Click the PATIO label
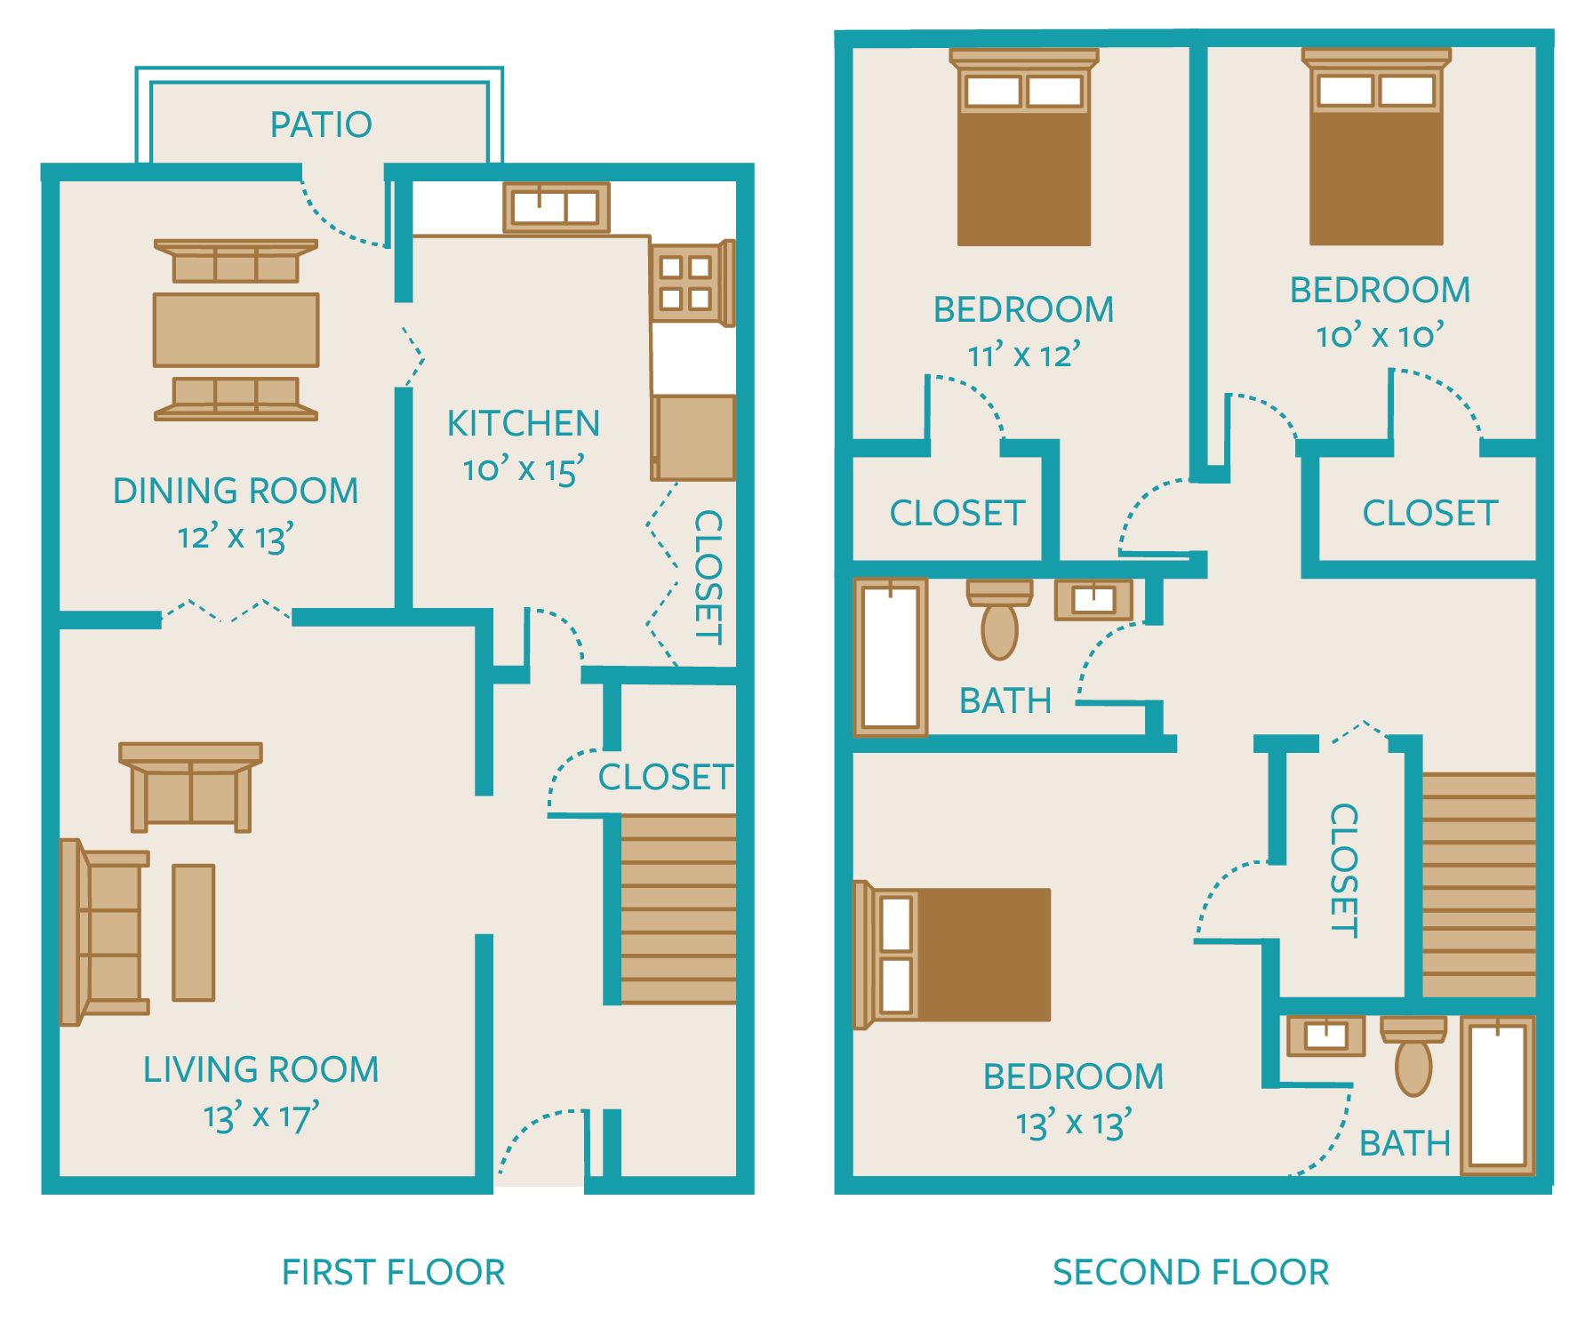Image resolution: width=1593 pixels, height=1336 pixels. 321,124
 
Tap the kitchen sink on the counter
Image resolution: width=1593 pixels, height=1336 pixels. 556,208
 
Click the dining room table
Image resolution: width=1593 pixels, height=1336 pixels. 236,330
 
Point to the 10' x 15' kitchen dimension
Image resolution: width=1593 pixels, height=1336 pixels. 523,468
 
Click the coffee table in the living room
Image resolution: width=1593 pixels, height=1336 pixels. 193,932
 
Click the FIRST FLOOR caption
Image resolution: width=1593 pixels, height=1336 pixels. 393,1272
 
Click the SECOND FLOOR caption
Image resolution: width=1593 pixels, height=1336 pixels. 1191,1272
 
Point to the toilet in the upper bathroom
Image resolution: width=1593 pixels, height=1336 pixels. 999,620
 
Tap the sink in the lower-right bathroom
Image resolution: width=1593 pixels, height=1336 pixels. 1325,1036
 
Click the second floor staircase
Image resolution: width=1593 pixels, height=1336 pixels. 1478,884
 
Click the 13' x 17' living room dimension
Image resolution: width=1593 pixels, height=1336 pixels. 260,1116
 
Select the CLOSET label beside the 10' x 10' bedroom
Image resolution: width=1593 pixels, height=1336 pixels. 1429,513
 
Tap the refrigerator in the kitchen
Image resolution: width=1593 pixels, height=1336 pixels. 694,437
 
